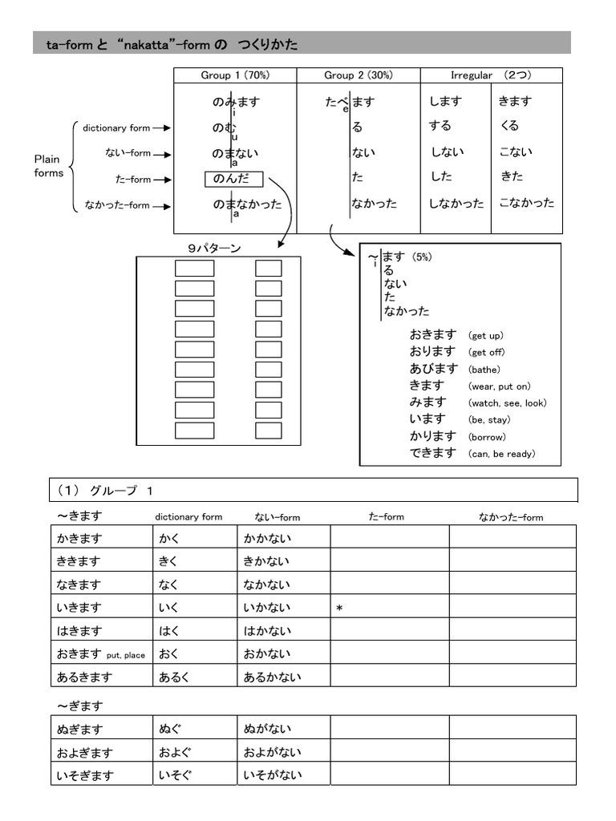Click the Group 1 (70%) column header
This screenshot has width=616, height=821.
tap(235, 75)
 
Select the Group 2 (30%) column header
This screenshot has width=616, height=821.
tap(358, 75)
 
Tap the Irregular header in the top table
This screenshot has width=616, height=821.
tap(491, 75)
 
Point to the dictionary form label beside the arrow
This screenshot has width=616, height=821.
tap(116, 128)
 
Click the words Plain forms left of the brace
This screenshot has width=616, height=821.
tap(48, 166)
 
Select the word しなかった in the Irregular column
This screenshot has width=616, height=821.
tap(456, 204)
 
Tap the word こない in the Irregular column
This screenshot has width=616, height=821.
tap(515, 152)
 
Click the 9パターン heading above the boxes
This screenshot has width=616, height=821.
tap(214, 249)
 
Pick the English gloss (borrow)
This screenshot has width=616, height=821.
tap(487, 437)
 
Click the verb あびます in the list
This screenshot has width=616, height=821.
tap(432, 369)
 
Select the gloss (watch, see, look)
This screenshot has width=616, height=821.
tap(507, 403)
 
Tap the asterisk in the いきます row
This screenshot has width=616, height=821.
tap(339, 609)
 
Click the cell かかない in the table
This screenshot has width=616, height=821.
tap(267, 539)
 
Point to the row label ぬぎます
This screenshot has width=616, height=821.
tap(79, 730)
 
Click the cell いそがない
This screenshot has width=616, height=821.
tap(273, 775)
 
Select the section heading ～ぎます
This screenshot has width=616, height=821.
tap(79, 706)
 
